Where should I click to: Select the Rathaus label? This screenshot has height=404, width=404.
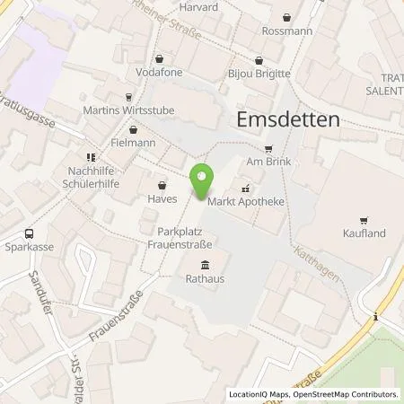(205, 277)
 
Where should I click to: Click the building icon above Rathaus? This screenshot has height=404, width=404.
(205, 264)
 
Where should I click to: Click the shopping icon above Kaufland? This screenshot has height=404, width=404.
(364, 220)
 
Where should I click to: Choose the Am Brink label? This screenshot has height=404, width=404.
(268, 162)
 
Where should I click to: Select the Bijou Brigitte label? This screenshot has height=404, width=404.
(259, 73)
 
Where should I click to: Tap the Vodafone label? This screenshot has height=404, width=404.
(159, 72)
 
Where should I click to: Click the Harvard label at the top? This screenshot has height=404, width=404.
(199, 6)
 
